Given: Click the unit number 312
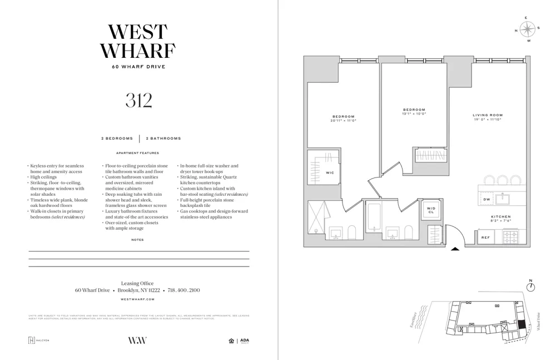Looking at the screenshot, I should [x=138, y=101].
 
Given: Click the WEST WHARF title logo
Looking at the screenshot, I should [x=138, y=42].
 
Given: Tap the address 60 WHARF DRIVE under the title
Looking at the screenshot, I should [x=138, y=67].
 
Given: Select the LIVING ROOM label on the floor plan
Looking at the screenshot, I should [x=488, y=115].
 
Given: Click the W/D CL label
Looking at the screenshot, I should [x=431, y=210].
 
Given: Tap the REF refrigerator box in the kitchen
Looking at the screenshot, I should [x=485, y=238].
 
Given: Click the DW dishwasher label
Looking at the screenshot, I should [x=487, y=199].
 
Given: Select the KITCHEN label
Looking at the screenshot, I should [x=500, y=216].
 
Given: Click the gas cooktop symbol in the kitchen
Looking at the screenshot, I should [x=511, y=237].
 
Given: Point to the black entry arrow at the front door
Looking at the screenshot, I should [x=455, y=249].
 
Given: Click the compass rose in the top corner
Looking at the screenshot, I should [x=528, y=28].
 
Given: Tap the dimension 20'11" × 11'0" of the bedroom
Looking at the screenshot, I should [x=343, y=120].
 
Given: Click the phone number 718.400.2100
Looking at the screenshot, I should [x=183, y=290].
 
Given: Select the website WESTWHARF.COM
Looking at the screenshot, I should [x=137, y=299].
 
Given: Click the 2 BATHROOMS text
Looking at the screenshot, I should [x=163, y=139].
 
